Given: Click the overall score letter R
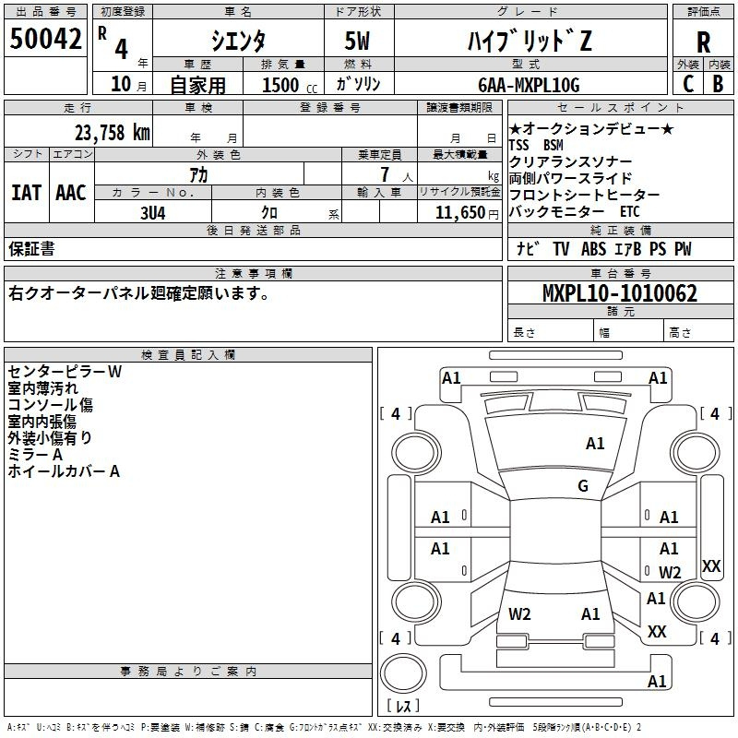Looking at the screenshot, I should tap(703, 42).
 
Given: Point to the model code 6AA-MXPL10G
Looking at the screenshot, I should tap(529, 85).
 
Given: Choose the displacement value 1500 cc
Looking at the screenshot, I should tap(282, 85).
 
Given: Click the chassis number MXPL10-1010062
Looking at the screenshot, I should tap(619, 294).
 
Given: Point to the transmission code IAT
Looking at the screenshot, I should tap(25, 193).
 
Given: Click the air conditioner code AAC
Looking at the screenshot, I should tap(70, 193).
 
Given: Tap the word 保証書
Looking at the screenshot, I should tap(31, 248).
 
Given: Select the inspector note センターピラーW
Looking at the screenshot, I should tap(65, 372).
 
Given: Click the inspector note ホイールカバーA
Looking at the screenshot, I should tap(64, 471).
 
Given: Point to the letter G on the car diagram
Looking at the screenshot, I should tap(583, 486).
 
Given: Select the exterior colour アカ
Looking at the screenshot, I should tap(198, 173).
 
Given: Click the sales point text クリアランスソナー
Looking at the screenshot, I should tap(570, 161).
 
